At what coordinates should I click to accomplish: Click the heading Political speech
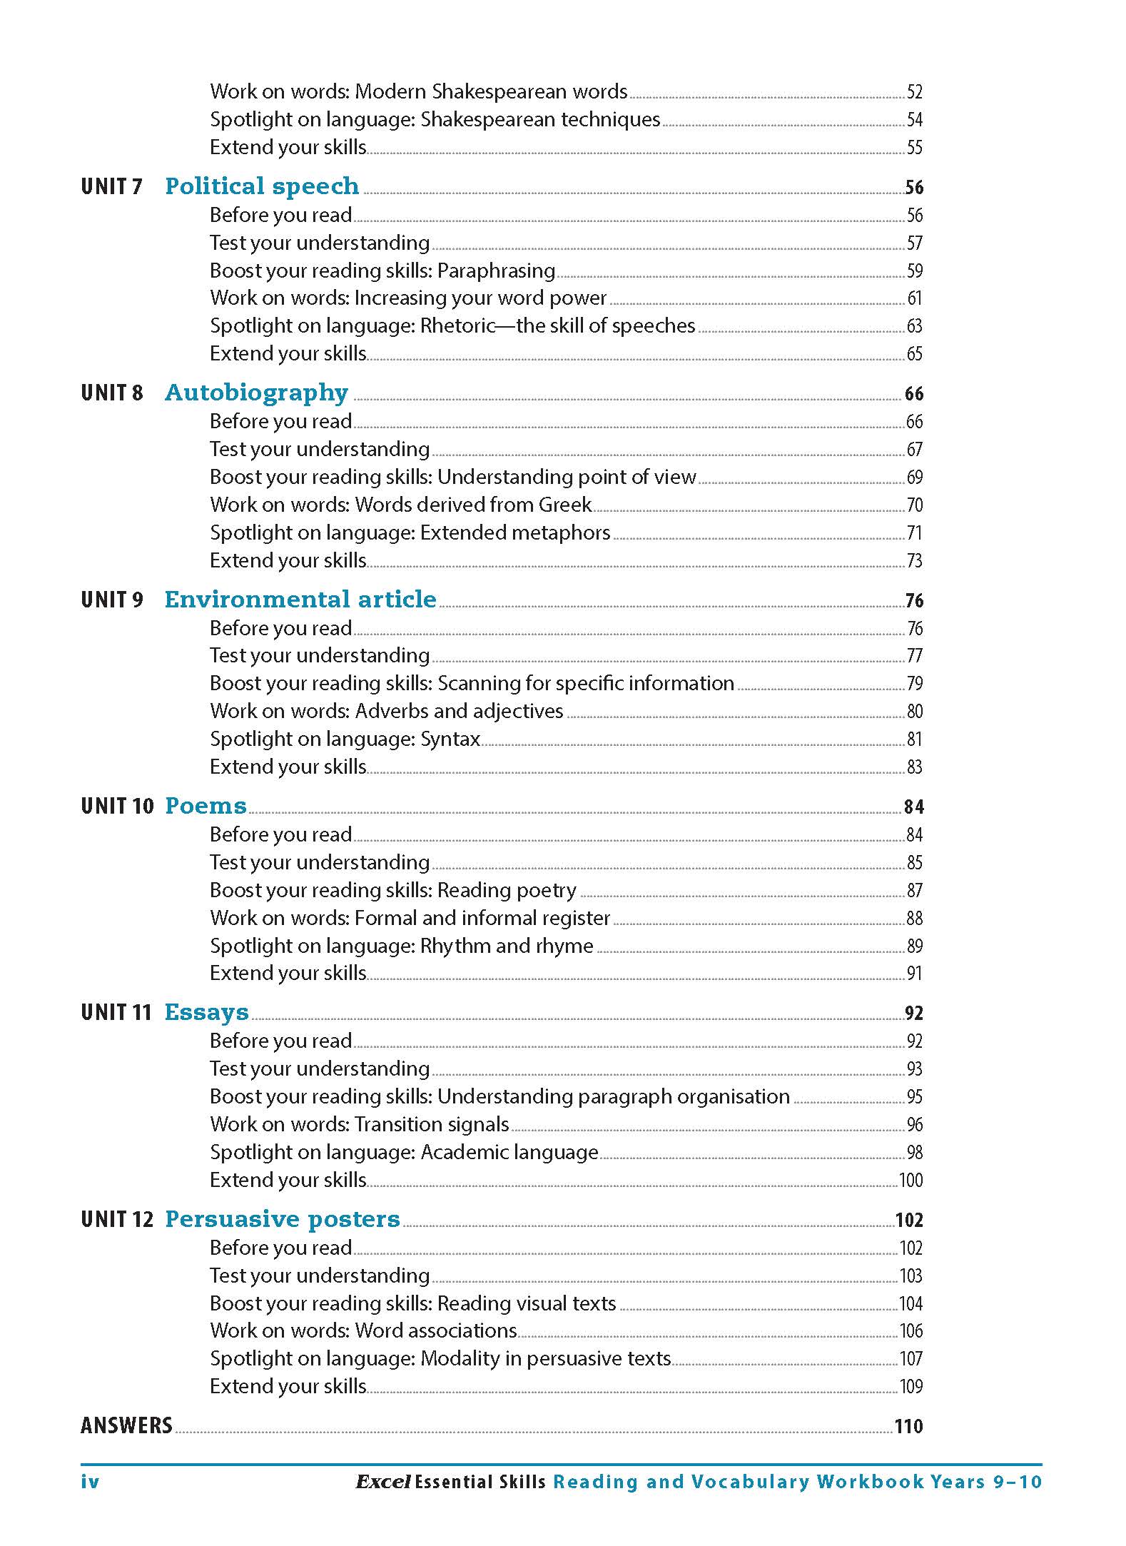[262, 186]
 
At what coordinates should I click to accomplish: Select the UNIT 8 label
[112, 393]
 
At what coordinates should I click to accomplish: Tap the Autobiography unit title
[256, 393]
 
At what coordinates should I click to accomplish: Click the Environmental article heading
[300, 600]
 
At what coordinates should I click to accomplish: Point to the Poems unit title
[206, 806]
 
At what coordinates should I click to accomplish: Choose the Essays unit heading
[206, 1012]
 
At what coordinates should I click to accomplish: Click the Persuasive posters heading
[282, 1218]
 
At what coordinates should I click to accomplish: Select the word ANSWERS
[126, 1425]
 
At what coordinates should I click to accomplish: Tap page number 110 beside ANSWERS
[908, 1426]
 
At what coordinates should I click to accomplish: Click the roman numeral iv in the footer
[90, 1482]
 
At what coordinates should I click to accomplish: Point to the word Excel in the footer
[382, 1482]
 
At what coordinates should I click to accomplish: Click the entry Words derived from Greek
[401, 505]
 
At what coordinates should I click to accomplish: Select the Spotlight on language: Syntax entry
[345, 739]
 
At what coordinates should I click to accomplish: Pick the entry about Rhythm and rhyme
[401, 946]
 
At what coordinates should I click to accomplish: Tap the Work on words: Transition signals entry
[359, 1124]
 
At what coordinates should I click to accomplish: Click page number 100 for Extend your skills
[911, 1180]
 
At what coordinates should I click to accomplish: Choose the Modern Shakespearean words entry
[418, 91]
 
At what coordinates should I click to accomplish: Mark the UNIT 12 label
[117, 1219]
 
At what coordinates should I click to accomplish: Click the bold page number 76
[914, 601]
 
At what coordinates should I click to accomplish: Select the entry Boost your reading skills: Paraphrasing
[382, 271]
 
